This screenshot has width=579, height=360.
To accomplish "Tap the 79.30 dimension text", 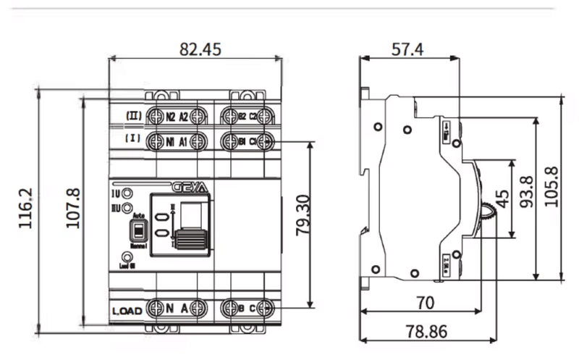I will pos(303,215).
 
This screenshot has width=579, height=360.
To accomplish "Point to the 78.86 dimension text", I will pos(426,332).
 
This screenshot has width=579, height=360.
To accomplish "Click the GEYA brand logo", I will pos(190,186).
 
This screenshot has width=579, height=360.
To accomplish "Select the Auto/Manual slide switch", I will pos(135,232).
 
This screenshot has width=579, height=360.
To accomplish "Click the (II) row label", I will pos(133,115).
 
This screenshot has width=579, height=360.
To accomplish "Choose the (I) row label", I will pos(132,138).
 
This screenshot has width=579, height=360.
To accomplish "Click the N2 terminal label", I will pos(171,117).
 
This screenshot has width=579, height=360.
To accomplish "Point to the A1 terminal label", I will pos(184,141).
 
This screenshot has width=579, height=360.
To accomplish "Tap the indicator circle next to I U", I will pos(127,193).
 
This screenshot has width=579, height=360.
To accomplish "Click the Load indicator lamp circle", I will pos(128,257).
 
